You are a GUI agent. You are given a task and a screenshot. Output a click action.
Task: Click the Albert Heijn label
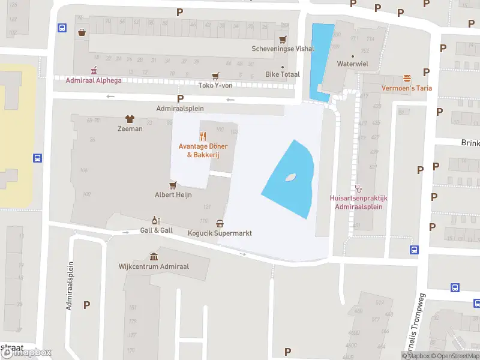tap(173, 194)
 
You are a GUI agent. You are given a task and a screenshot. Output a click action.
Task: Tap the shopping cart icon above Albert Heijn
tap(173, 185)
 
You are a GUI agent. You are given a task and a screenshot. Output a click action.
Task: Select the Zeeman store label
tap(130, 128)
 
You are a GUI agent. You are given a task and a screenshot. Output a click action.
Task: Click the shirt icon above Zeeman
tap(130, 119)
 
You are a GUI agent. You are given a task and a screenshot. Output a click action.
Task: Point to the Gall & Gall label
tap(156, 230)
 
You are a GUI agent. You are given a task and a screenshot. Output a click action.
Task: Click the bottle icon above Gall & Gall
tap(156, 220)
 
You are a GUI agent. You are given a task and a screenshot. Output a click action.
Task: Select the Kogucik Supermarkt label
tap(219, 233)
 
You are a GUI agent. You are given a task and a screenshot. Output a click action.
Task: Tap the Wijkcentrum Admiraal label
tap(153, 266)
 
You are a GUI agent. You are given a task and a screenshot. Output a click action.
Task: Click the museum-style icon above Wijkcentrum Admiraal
tap(154, 256)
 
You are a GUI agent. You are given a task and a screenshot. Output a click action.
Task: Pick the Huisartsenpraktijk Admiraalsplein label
tap(359, 202)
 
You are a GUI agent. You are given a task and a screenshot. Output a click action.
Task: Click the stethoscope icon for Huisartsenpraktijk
tap(359, 188)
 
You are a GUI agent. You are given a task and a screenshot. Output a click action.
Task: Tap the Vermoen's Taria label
tap(407, 88)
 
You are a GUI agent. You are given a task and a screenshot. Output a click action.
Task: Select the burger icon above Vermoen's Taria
tap(407, 78)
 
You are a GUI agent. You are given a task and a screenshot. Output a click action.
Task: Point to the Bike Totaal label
tap(281, 75)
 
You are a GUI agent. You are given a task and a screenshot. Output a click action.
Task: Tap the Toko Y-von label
tap(215, 85)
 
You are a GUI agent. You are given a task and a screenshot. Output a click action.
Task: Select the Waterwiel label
tap(352, 63)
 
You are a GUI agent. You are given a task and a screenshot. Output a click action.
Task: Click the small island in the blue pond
tap(291, 177)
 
